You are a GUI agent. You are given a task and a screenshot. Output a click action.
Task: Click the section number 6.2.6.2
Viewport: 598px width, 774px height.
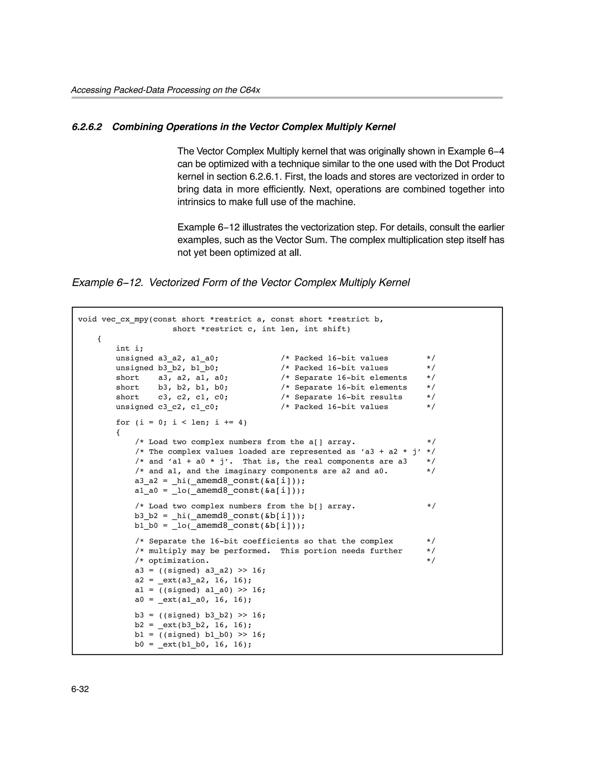point(87,127)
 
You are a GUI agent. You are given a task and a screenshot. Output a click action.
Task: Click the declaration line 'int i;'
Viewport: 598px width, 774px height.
point(129,348)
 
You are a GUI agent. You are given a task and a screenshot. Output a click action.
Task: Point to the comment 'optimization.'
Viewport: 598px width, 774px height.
point(179,561)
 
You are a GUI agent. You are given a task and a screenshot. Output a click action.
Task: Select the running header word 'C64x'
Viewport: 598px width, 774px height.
point(250,90)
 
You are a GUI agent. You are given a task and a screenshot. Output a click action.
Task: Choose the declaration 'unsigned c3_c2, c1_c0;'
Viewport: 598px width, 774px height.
point(167,407)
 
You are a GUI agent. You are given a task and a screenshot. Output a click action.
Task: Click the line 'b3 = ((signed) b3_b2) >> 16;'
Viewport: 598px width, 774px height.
point(200,615)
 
